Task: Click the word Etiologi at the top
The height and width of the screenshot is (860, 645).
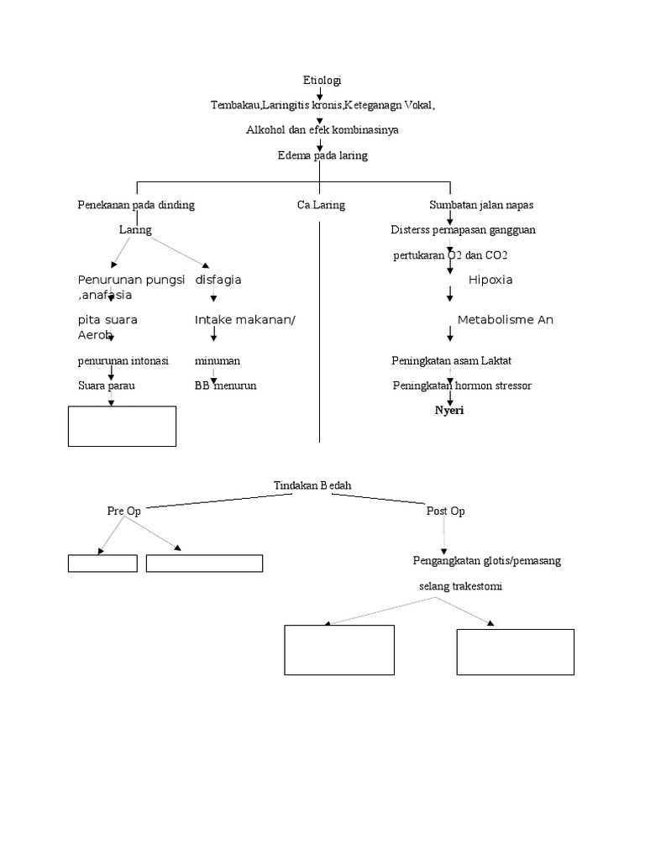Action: pyautogui.click(x=322, y=81)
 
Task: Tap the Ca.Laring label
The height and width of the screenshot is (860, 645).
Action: pyautogui.click(x=321, y=205)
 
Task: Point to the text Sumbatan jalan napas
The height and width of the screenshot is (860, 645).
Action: pyautogui.click(x=481, y=205)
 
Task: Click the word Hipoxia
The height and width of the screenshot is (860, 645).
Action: pyautogui.click(x=490, y=280)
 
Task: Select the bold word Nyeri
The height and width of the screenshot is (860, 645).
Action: pyautogui.click(x=448, y=411)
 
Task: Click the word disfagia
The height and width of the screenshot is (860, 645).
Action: pyautogui.click(x=218, y=280)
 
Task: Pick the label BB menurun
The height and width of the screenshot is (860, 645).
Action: pyautogui.click(x=225, y=385)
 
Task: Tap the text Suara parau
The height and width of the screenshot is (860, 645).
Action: pyautogui.click(x=107, y=385)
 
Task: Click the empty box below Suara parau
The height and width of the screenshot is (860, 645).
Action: pyautogui.click(x=122, y=426)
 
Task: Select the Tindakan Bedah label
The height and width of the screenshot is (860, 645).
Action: pyautogui.click(x=313, y=485)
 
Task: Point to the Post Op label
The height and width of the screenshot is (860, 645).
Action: pyautogui.click(x=445, y=511)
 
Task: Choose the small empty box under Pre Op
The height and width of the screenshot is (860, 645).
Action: pyautogui.click(x=102, y=563)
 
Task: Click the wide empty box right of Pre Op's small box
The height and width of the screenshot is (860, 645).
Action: pyautogui.click(x=204, y=563)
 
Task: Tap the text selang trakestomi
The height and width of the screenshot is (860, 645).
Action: pyautogui.click(x=460, y=586)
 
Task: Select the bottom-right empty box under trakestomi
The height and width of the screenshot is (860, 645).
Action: pyautogui.click(x=515, y=652)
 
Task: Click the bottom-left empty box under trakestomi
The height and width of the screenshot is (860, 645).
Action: pyautogui.click(x=339, y=649)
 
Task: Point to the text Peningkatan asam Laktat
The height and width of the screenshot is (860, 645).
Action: pyautogui.click(x=451, y=360)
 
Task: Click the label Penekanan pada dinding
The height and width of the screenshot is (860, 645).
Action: pyautogui.click(x=136, y=205)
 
